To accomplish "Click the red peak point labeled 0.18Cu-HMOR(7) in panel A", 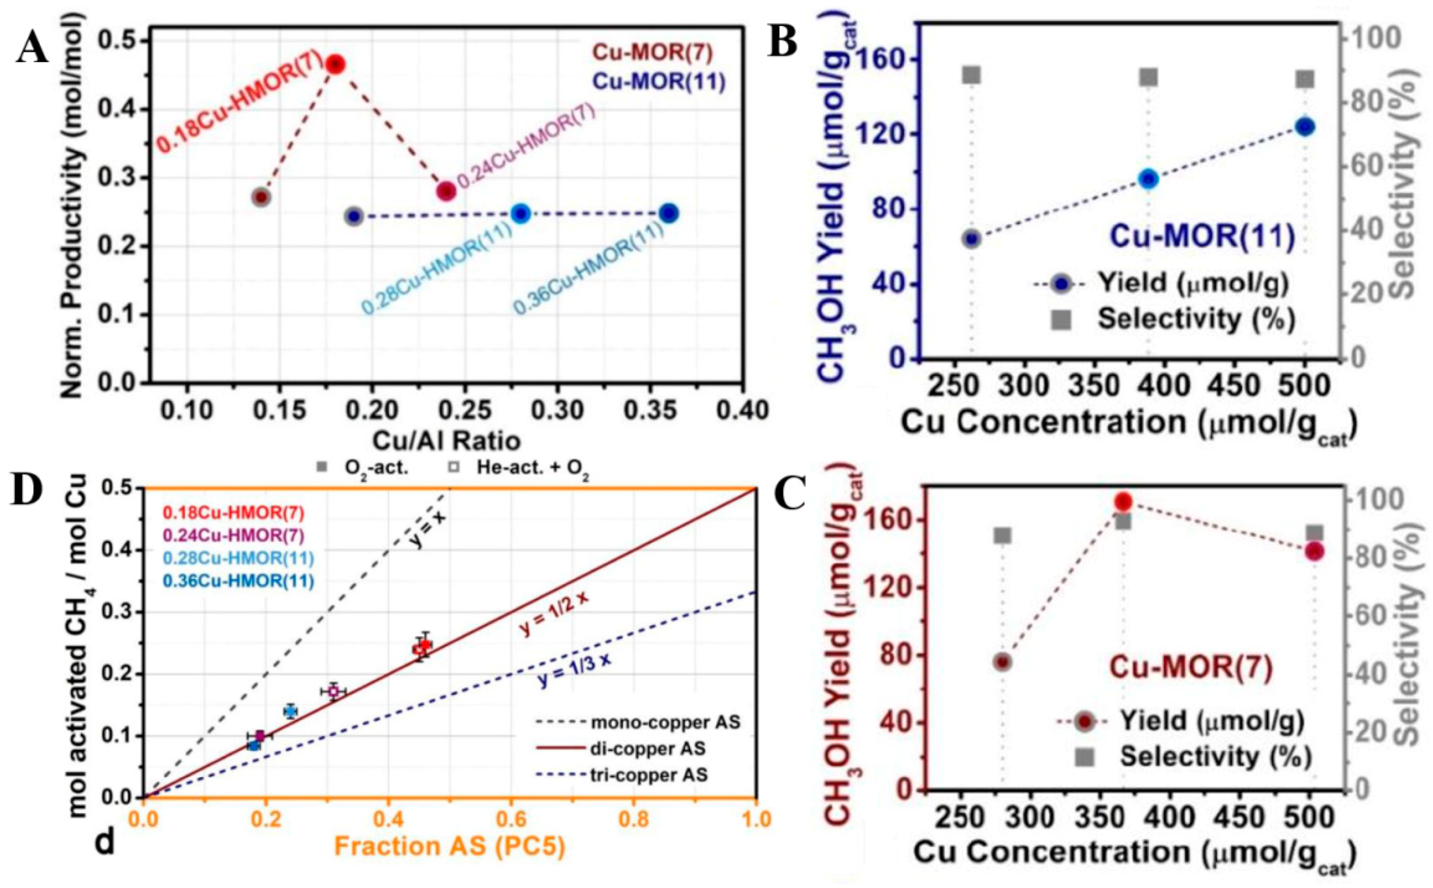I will coord(335,64).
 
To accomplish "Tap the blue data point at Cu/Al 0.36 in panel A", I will coord(669,213).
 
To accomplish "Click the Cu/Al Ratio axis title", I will coord(446,441).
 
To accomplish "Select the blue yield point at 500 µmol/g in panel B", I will coord(1305,126).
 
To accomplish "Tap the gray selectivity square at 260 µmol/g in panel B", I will coord(972,75).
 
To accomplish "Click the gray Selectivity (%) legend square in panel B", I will coord(1062,319).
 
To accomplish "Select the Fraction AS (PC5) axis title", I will coord(450,846).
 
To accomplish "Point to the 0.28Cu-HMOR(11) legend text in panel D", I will coord(238,558).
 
